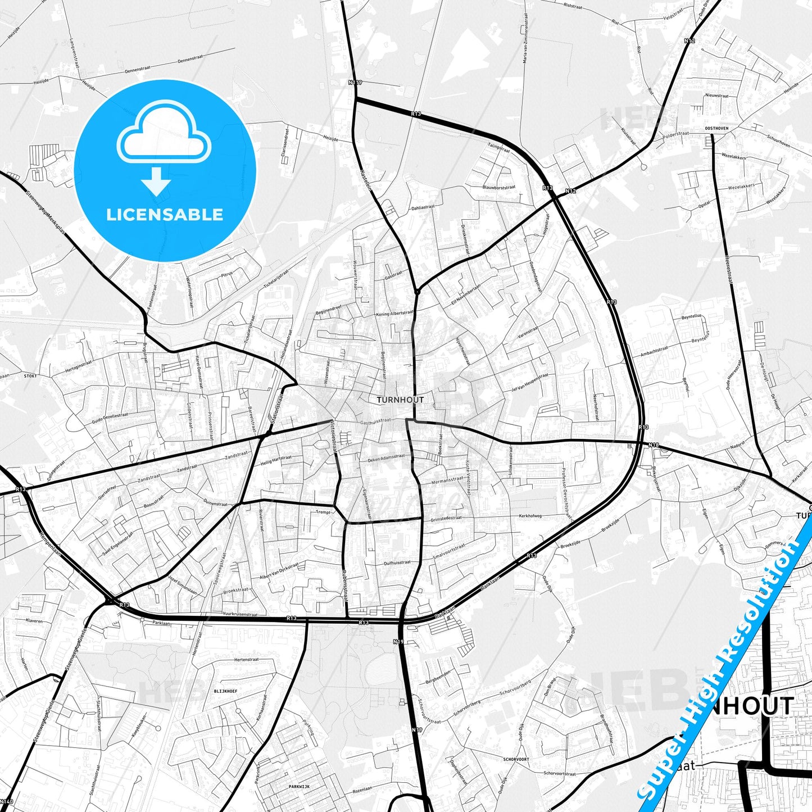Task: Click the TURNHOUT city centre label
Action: point(400,400)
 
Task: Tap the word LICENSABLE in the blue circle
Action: point(165,214)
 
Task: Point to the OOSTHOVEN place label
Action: point(716,128)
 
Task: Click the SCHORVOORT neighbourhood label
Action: point(516,759)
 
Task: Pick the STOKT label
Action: point(30,375)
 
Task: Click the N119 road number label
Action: point(355,82)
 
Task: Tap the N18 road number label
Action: point(653,445)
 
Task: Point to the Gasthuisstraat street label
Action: point(375,420)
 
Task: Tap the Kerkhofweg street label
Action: point(530,515)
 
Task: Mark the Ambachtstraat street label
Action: point(654,352)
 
